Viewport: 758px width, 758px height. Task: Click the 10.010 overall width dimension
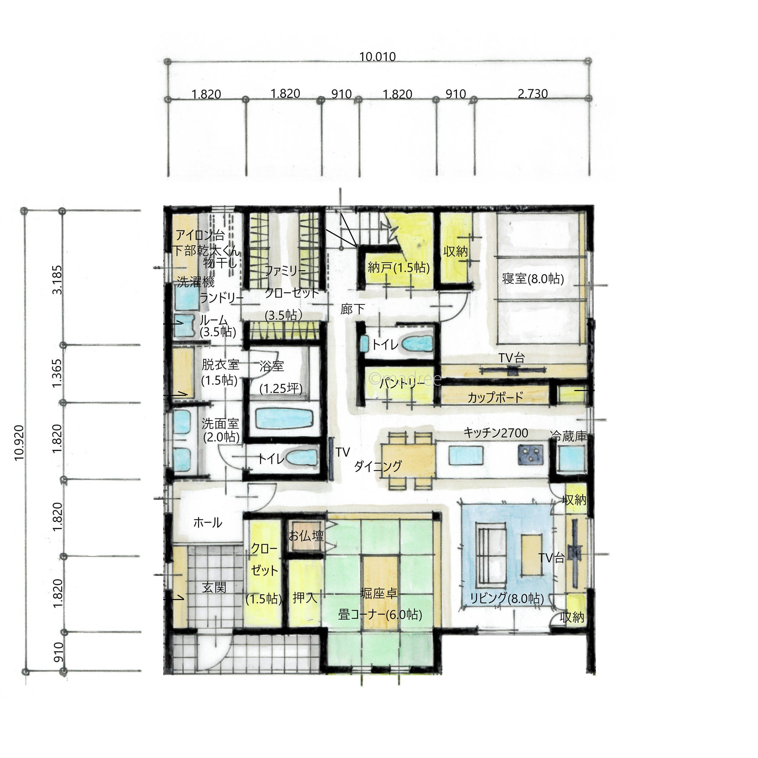pos(377,57)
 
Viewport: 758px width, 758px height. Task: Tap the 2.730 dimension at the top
pos(532,94)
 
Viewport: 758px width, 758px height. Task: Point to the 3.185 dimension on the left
pos(57,280)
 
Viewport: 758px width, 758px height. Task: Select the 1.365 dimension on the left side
pos(57,373)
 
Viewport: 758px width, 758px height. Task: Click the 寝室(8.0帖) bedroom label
pos(533,279)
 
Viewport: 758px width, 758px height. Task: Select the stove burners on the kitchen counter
pos(531,455)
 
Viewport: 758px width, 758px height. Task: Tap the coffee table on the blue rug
pos(532,554)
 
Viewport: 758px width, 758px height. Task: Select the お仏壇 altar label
pos(306,536)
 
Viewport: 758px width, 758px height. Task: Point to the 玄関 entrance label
pos(214,587)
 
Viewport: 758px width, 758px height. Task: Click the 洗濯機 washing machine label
pos(195,282)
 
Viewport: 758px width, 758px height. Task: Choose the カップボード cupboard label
pos(495,397)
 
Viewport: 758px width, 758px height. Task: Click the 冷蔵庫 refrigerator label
pos(568,436)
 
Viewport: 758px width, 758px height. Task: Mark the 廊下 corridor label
pos(352,309)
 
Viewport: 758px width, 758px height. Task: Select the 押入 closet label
pos(305,598)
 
